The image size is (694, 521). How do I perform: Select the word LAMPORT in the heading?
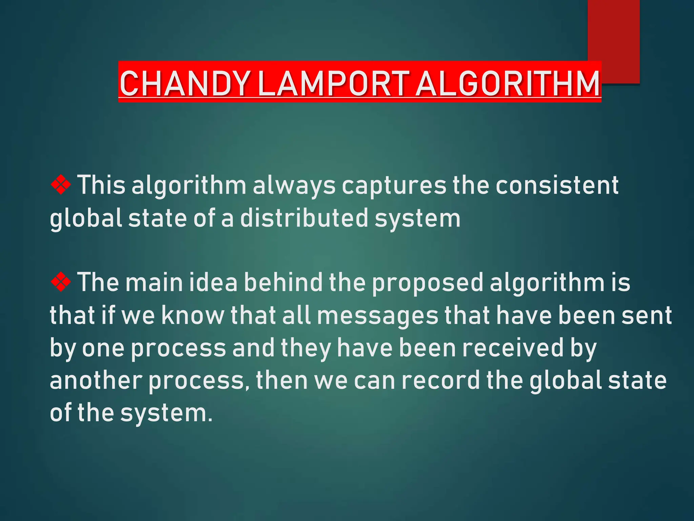click(333, 83)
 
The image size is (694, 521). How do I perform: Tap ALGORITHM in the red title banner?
click(507, 83)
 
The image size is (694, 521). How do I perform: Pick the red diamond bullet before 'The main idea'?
click(61, 282)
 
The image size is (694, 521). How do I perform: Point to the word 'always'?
click(294, 186)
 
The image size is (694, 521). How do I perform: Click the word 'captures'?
click(394, 186)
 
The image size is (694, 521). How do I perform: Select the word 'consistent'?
click(557, 186)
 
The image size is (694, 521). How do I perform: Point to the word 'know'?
click(192, 315)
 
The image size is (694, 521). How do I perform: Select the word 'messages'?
click(377, 315)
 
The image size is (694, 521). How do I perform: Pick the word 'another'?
click(96, 380)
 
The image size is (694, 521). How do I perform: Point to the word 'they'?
click(306, 348)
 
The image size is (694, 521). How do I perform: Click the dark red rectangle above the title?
click(613, 34)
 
